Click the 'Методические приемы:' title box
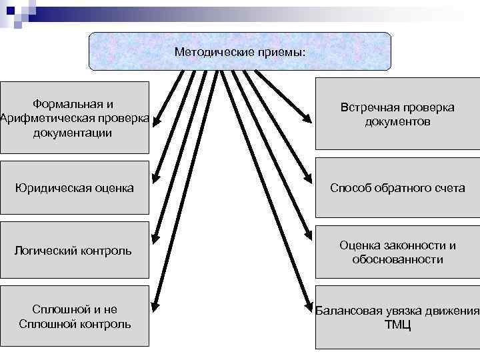click(x=240, y=51)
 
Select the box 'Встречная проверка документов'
click(x=397, y=114)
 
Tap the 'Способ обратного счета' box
click(x=397, y=188)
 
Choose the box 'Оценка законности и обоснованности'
click(x=397, y=252)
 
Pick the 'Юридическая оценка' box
click(x=74, y=188)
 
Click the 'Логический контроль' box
click(x=74, y=251)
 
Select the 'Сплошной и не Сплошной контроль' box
click(x=74, y=317)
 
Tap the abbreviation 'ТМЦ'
click(x=397, y=325)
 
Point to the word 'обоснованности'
click(x=397, y=259)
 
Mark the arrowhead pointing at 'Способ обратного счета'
click(x=308, y=180)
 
